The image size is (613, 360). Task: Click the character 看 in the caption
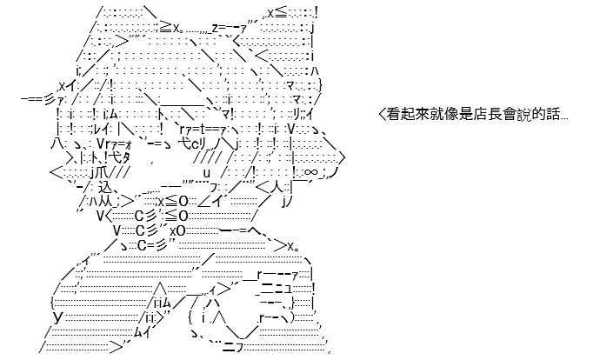pos(393,115)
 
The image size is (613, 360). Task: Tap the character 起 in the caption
pos(407,115)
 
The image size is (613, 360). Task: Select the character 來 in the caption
pos(420,115)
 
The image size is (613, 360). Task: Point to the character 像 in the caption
pos(448,115)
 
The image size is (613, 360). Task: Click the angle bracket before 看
pos(382,115)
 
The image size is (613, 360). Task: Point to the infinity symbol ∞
pos(310,172)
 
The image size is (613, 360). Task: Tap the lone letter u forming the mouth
pos(207,173)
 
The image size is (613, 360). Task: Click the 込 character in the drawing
pos(104,187)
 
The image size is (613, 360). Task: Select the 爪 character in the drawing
pos(103,172)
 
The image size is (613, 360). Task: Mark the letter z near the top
pos(215,28)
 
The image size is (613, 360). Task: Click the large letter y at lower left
pos(58,317)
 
